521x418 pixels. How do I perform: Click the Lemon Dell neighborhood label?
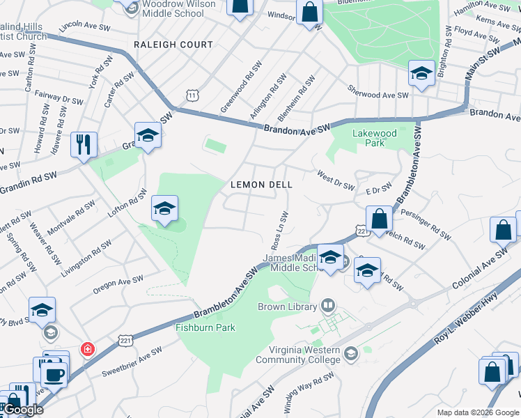261,185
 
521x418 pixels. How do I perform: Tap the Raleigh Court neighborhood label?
174,45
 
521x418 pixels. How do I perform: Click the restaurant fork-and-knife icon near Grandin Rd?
84,145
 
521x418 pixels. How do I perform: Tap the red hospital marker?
88,348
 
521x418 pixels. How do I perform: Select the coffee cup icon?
54,374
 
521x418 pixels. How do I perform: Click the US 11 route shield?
192,94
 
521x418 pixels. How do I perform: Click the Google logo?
23,410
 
